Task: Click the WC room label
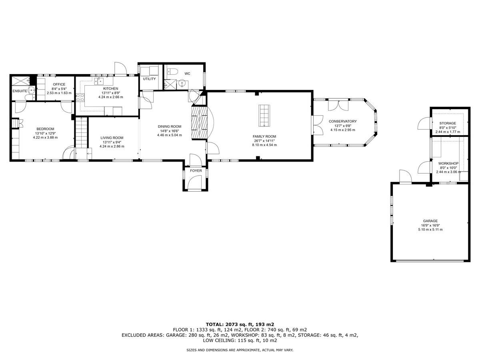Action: (x=187, y=74)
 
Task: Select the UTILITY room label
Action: (x=149, y=79)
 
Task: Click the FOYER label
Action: (x=196, y=171)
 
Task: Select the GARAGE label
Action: (x=430, y=221)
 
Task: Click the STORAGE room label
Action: (x=447, y=123)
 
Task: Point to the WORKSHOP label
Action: (x=448, y=164)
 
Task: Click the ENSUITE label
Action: (x=20, y=91)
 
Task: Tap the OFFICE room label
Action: (x=59, y=84)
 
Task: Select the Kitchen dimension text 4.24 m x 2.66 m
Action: (x=110, y=97)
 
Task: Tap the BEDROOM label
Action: (x=45, y=129)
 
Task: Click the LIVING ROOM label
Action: (x=112, y=138)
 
